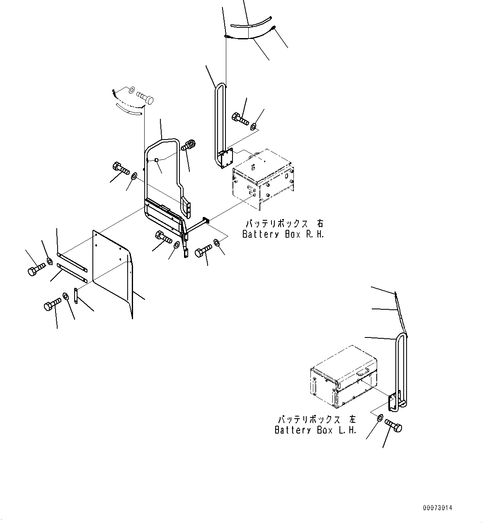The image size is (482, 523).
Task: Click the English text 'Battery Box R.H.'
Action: (283, 234)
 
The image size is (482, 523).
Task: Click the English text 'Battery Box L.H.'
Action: (315, 430)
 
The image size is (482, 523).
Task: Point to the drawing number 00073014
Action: (438, 508)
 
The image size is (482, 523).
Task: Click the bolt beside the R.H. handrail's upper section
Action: (240, 119)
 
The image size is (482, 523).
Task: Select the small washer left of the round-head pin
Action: (131, 90)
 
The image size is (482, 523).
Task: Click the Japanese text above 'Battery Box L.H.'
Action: (316, 419)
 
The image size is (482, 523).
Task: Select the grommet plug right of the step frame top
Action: (189, 145)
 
